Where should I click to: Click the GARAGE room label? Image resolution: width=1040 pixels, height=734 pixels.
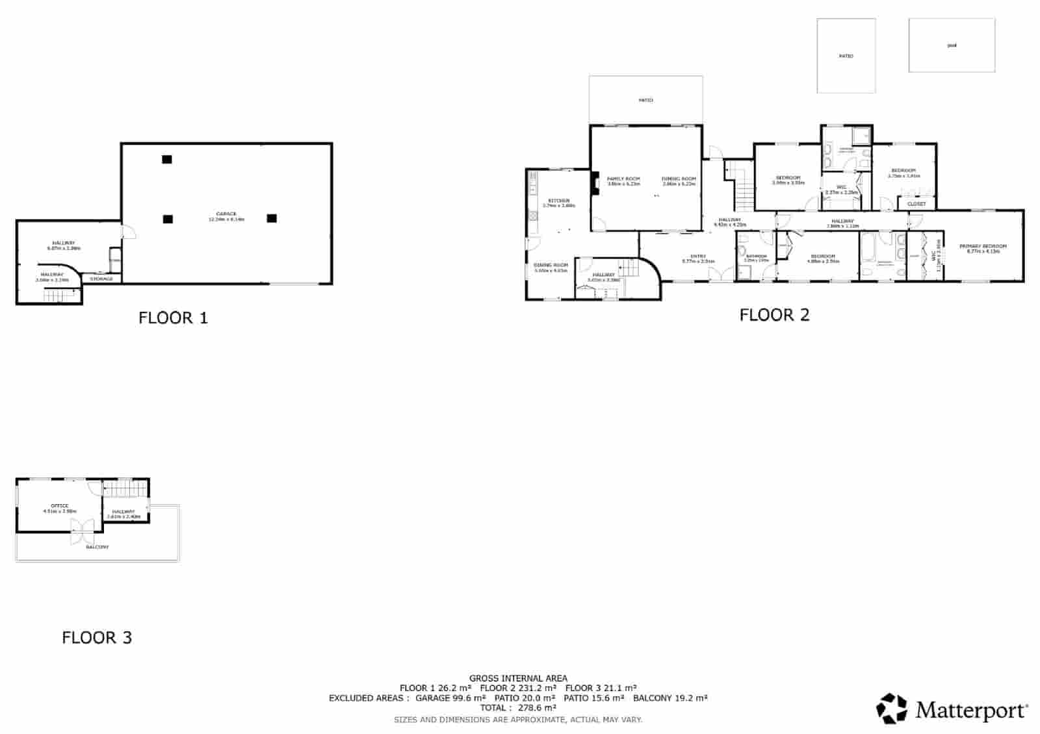pyautogui.click(x=226, y=214)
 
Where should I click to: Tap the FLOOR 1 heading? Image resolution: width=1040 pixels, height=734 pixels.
pyautogui.click(x=173, y=318)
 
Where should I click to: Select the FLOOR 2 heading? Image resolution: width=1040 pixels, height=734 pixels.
pyautogui.click(x=774, y=315)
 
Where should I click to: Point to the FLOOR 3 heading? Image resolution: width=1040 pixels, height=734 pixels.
pyautogui.click(x=97, y=638)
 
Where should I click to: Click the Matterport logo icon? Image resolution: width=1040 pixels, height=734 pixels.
pyautogui.click(x=893, y=709)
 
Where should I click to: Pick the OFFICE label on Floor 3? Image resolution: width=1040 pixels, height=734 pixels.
pyautogui.click(x=60, y=505)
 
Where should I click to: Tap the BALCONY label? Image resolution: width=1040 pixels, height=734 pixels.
pyautogui.click(x=97, y=547)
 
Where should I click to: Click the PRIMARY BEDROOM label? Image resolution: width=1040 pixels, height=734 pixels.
pyautogui.click(x=983, y=246)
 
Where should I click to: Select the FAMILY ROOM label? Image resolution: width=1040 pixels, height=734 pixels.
pyautogui.click(x=623, y=179)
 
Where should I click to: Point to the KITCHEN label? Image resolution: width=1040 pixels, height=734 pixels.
pyautogui.click(x=558, y=201)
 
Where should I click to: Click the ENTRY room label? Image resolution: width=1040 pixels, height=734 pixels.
pyautogui.click(x=698, y=256)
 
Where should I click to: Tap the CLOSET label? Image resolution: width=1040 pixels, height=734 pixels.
pyautogui.click(x=916, y=204)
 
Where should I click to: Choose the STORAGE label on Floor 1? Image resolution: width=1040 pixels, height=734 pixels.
pyautogui.click(x=101, y=279)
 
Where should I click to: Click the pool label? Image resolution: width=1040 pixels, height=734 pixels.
pyautogui.click(x=952, y=45)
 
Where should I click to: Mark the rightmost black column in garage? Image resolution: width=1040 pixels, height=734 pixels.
pyautogui.click(x=272, y=218)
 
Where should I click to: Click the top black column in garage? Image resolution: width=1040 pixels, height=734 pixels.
pyautogui.click(x=167, y=159)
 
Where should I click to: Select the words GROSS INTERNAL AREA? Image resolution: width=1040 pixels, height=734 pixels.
pyautogui.click(x=518, y=678)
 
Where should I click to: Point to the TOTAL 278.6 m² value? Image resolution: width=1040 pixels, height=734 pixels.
pyautogui.click(x=518, y=708)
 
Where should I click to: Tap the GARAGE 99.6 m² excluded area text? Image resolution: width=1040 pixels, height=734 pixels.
pyautogui.click(x=450, y=698)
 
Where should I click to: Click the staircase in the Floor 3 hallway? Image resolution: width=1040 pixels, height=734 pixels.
pyautogui.click(x=118, y=488)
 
